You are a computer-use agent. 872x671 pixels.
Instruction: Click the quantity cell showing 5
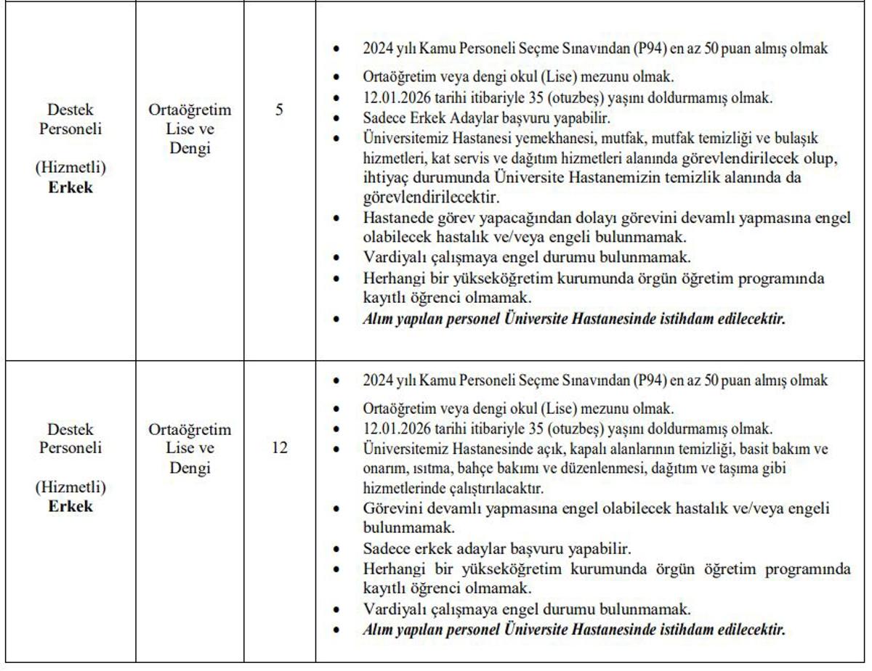tap(279, 111)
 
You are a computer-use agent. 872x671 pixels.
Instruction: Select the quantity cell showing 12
tap(279, 447)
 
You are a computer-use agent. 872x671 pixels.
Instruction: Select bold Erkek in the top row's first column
tap(70, 187)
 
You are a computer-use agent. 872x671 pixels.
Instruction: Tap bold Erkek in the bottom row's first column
tap(70, 505)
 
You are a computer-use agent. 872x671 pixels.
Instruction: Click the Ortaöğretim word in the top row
tap(190, 110)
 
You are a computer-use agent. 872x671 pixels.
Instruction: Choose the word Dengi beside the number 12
tap(190, 468)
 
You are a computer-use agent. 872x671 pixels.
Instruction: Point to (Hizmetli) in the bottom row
tap(70, 486)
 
